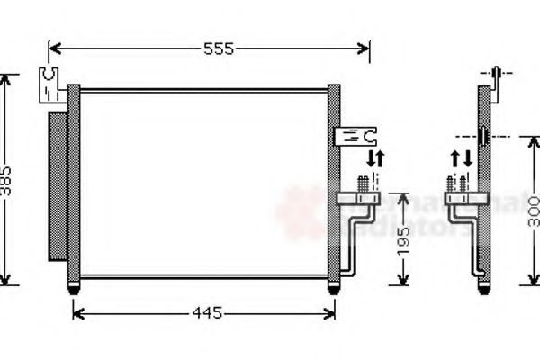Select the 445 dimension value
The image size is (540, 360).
tap(206, 313)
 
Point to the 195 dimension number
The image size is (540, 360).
tap(405, 240)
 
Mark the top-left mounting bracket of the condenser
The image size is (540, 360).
tap(49, 84)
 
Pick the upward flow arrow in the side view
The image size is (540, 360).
tap(455, 159)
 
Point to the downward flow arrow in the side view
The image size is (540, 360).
tap(467, 159)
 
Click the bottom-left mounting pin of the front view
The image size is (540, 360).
tap(74, 287)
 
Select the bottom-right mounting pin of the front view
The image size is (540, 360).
tap(334, 287)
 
